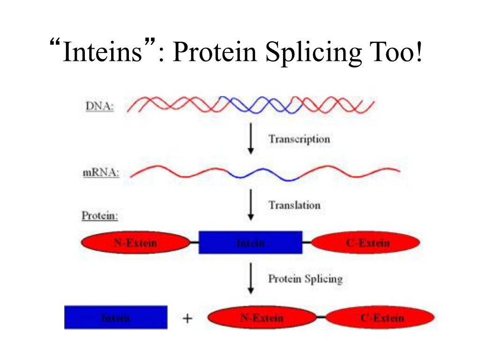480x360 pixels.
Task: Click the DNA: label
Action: point(99,106)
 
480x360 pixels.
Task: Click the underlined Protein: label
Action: point(100,216)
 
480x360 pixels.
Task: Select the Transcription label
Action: point(299,139)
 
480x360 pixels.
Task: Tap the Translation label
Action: point(294,205)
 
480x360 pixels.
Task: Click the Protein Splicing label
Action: point(305,279)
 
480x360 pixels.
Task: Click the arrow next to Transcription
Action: point(251,138)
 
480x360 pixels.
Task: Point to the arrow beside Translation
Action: point(251,205)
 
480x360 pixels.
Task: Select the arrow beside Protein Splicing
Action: point(251,278)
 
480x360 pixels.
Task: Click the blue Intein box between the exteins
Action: point(250,243)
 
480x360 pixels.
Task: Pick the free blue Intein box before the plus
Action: point(116,317)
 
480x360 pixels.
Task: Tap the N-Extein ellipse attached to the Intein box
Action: point(135,243)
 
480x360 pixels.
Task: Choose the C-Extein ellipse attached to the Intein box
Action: point(366,243)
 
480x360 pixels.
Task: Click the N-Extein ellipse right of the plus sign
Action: point(262,318)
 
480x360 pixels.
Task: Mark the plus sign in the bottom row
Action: point(187,319)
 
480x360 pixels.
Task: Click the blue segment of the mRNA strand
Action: point(262,174)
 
